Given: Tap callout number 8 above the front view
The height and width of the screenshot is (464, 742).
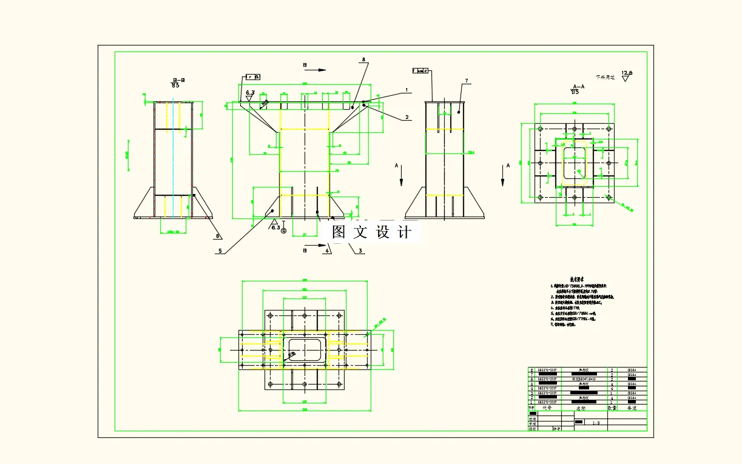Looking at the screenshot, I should pyautogui.click(x=363, y=60).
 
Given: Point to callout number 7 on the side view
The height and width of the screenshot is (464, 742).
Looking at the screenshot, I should pyautogui.click(x=467, y=81).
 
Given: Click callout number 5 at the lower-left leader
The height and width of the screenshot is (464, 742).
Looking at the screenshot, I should pyautogui.click(x=220, y=250).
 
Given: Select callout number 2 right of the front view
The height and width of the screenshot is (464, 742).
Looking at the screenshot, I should pyautogui.click(x=407, y=117).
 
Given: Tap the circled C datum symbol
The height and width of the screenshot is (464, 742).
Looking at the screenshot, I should pyautogui.click(x=283, y=231).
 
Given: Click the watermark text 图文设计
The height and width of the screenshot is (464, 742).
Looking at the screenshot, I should pyautogui.click(x=372, y=232).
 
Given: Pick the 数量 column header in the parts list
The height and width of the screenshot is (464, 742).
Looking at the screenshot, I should pyautogui.click(x=614, y=408).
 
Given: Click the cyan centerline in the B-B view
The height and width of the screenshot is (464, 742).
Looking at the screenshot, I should pyautogui.click(x=173, y=158).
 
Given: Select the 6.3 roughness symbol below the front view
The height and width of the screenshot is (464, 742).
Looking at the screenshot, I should pyautogui.click(x=275, y=225).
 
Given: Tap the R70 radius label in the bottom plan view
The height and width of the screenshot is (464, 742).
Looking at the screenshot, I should pyautogui.click(x=381, y=319).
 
